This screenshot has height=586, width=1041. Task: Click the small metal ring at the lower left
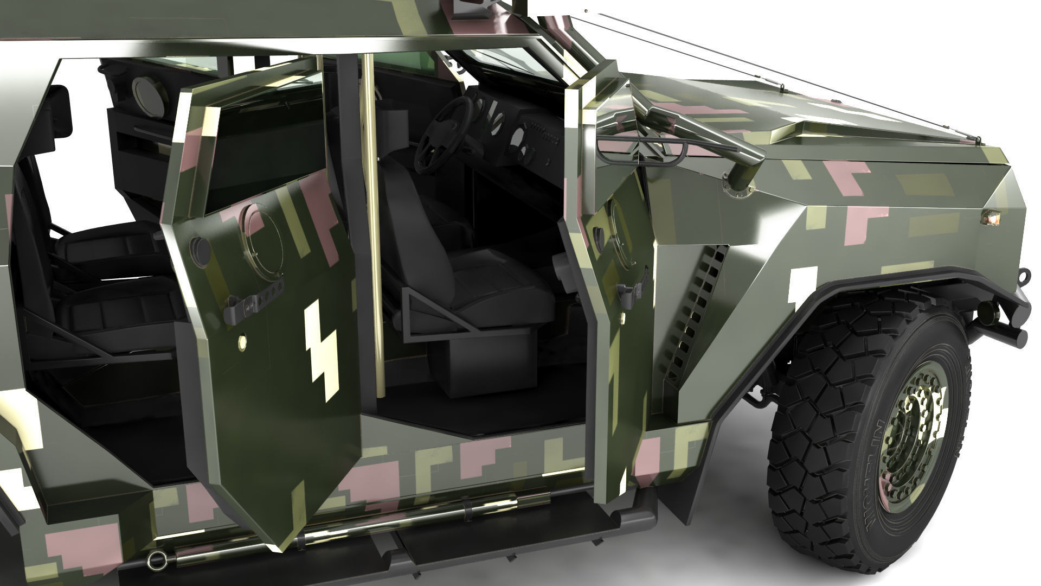pos(157,559)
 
